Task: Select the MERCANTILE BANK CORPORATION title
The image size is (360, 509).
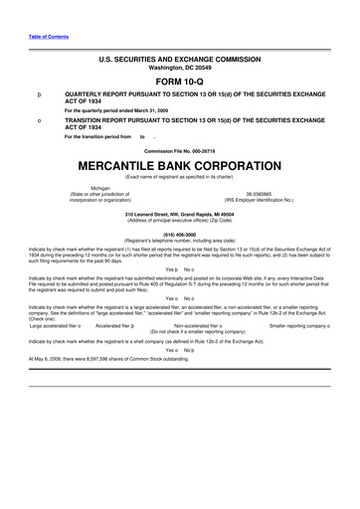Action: [x=180, y=163]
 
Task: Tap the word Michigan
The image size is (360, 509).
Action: [x=100, y=187]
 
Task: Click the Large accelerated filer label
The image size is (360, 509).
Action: [x=56, y=325]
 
